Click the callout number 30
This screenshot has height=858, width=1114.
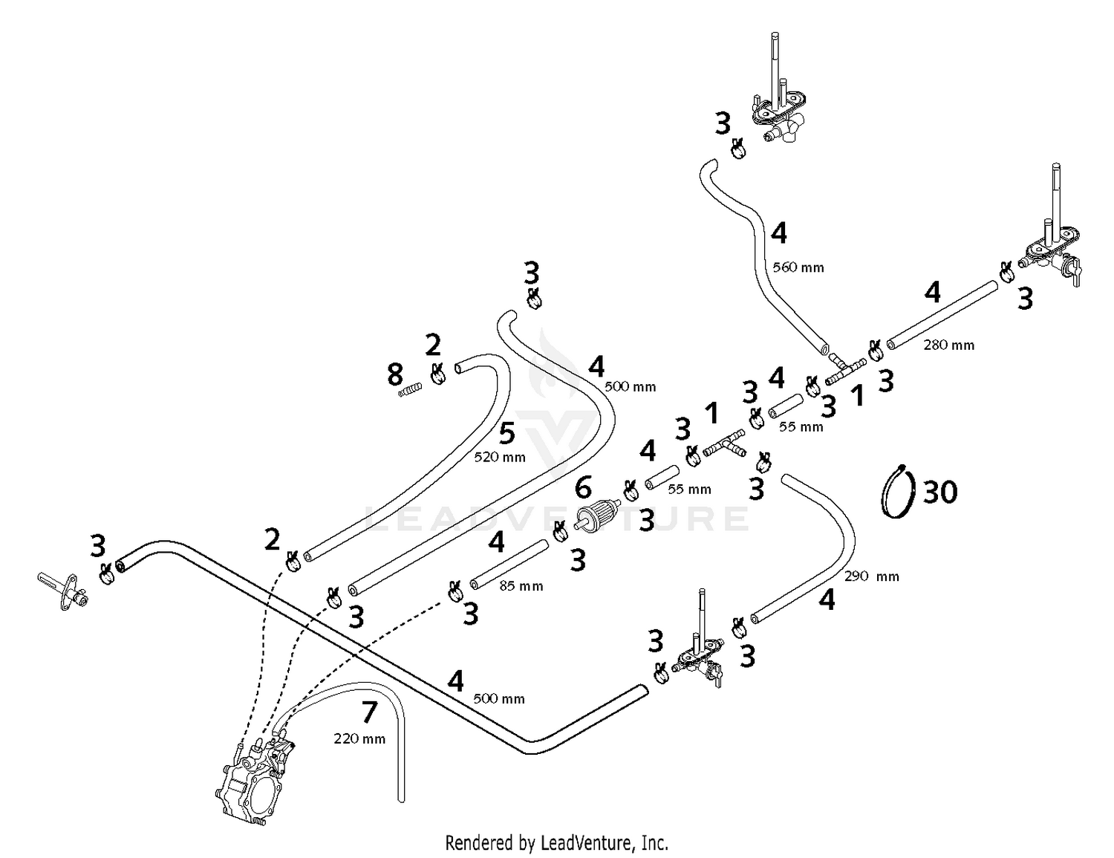click(x=940, y=492)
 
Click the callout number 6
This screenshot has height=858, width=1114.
click(x=583, y=488)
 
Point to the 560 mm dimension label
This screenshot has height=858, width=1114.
click(x=798, y=267)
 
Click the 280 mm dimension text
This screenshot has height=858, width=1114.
click(x=948, y=345)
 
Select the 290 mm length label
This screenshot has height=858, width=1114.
click(x=871, y=576)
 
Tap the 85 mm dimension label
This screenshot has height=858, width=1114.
click(x=521, y=586)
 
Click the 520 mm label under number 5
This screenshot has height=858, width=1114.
click(x=499, y=458)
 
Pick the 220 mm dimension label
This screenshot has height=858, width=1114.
click(x=359, y=738)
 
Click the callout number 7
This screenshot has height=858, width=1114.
click(x=369, y=712)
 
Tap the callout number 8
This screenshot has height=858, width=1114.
click(x=395, y=375)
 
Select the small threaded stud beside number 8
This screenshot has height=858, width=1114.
click(x=411, y=389)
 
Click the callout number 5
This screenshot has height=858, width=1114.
click(x=506, y=433)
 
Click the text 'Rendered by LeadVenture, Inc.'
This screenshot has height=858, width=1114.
click(x=556, y=843)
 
